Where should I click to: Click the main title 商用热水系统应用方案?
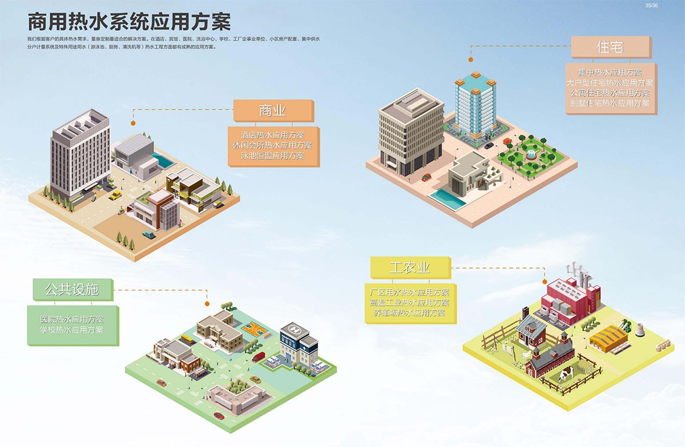point(129,22)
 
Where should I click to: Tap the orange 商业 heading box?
point(272,111)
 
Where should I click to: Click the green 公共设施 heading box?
point(71,290)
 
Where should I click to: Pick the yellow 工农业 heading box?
point(409,267)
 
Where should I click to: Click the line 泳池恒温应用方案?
point(272,156)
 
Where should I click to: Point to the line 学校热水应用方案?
point(72,330)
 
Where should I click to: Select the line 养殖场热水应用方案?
point(409,313)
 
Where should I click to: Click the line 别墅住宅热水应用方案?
point(610,103)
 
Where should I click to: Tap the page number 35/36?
point(651,5)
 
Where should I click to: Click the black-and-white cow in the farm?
point(566,375)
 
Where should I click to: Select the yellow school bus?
point(187,340)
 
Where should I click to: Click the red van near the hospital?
point(259,357)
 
